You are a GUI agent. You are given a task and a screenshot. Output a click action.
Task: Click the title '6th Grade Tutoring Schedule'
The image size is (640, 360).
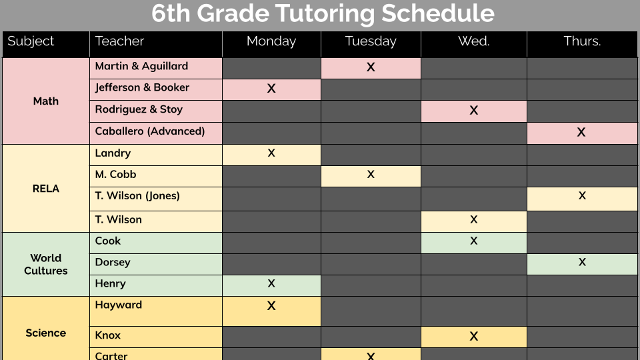pyautogui.click(x=323, y=14)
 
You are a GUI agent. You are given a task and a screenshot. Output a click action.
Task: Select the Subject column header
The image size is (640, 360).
pyautogui.click(x=31, y=41)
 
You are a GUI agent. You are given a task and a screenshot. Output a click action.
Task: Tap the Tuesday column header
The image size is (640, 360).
pyautogui.click(x=371, y=41)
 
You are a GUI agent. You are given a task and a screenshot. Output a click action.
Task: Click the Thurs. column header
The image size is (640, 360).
pyautogui.click(x=582, y=41)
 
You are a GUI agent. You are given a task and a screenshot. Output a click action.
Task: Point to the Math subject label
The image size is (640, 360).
pyautogui.click(x=46, y=101)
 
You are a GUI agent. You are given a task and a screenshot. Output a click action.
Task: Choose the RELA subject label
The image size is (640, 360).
pyautogui.click(x=46, y=189)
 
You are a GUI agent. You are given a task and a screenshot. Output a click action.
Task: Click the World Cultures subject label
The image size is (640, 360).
pyautogui.click(x=46, y=264)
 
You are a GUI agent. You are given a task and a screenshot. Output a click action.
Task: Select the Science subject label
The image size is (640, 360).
pyautogui.click(x=46, y=333)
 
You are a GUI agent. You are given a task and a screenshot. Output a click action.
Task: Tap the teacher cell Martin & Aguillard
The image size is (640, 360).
pyautogui.click(x=141, y=66)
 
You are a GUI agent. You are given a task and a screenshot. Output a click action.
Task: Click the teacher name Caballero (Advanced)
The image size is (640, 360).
pyautogui.click(x=150, y=131)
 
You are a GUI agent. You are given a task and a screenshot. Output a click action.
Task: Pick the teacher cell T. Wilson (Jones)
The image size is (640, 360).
pyautogui.click(x=137, y=196)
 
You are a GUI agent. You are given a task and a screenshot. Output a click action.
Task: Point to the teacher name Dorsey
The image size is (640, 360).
pyautogui.click(x=113, y=262)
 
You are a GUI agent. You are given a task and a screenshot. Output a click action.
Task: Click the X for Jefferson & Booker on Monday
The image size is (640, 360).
pyautogui.click(x=271, y=88)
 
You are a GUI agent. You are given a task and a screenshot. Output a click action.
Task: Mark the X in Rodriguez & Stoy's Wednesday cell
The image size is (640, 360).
pyautogui.click(x=474, y=110)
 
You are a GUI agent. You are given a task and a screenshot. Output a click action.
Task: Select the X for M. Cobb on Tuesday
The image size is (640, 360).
pyautogui.click(x=371, y=175)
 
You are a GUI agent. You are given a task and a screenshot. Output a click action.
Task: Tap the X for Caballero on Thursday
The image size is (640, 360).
pyautogui.click(x=581, y=132)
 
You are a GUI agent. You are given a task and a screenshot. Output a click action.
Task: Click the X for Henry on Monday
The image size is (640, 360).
pyautogui.click(x=271, y=283)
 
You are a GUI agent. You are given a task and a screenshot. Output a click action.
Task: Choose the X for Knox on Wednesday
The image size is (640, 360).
pyautogui.click(x=474, y=336)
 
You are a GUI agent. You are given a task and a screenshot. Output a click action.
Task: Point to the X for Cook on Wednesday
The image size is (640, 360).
pyautogui.click(x=474, y=241)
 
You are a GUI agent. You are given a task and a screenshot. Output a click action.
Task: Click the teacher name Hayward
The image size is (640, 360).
pyautogui.click(x=119, y=305)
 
